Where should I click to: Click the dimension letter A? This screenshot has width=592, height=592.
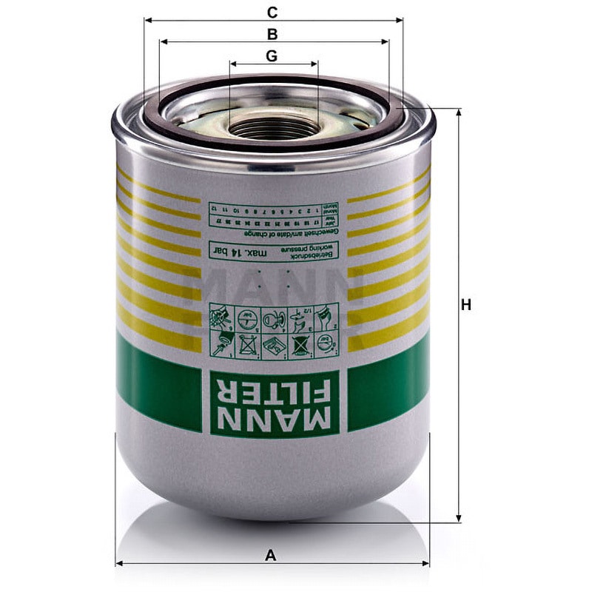click(271, 554)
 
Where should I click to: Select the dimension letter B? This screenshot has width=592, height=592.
click(272, 34)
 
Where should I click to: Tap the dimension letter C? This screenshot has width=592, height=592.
click(272, 12)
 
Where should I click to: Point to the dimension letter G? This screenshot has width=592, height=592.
click(272, 55)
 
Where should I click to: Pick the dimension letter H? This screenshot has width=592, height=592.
click(465, 305)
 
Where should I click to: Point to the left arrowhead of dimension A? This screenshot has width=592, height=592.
click(118, 564)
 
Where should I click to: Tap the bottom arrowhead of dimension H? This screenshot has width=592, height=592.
click(459, 519)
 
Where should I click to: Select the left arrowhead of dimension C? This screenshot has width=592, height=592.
click(144, 21)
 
